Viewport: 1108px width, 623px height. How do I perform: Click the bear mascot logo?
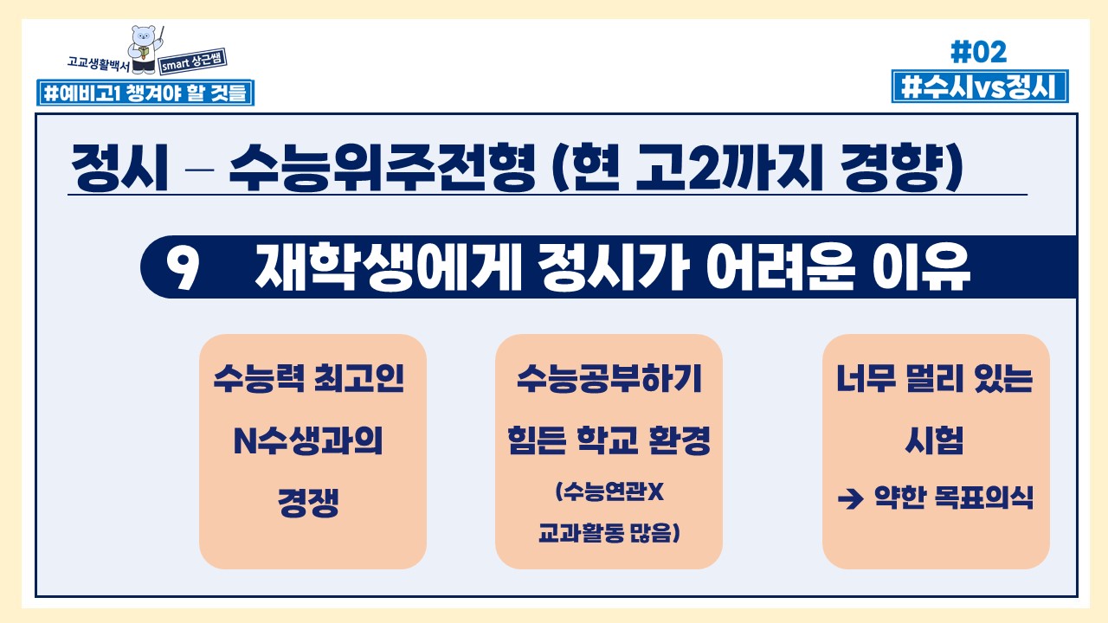(x=145, y=49)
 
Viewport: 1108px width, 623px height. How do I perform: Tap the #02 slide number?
(x=979, y=52)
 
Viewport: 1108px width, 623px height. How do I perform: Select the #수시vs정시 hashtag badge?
(x=980, y=87)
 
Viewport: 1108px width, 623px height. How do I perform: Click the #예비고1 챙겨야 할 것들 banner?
(x=145, y=93)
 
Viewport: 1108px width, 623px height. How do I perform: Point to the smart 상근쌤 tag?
(x=193, y=61)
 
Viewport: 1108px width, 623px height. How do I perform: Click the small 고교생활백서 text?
(x=98, y=63)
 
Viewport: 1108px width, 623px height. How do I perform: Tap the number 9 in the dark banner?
(x=182, y=267)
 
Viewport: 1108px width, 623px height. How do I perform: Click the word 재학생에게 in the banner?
(x=389, y=267)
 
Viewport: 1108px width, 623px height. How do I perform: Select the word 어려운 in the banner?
(x=780, y=267)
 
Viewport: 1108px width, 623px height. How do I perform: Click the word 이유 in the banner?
(x=921, y=267)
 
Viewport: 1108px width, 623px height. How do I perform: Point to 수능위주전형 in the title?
(x=382, y=167)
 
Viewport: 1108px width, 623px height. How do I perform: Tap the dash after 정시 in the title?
(x=199, y=170)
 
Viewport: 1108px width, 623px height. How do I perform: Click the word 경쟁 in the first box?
(x=308, y=503)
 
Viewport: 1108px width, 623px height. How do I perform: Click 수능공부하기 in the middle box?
(x=609, y=379)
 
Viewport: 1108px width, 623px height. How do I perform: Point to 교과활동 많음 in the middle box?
(x=609, y=533)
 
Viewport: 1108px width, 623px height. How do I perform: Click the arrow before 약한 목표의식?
(x=851, y=498)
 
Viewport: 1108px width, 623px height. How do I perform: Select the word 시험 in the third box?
(x=934, y=440)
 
